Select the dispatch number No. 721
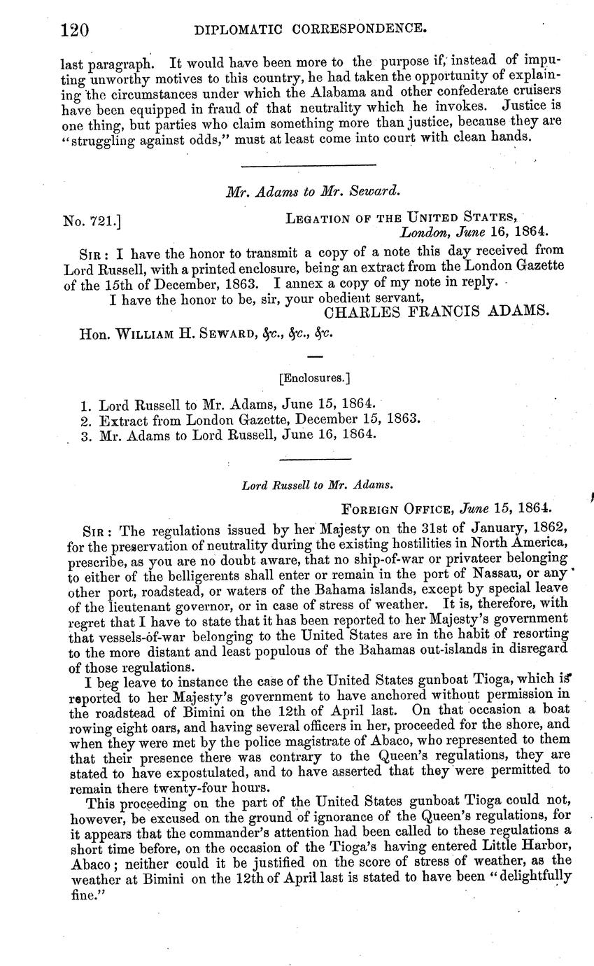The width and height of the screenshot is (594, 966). [92, 222]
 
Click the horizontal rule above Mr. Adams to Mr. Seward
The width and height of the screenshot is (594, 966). [308, 166]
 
